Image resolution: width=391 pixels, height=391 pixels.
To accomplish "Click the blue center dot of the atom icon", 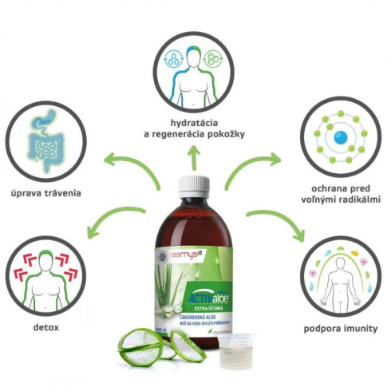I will point(340,138).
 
